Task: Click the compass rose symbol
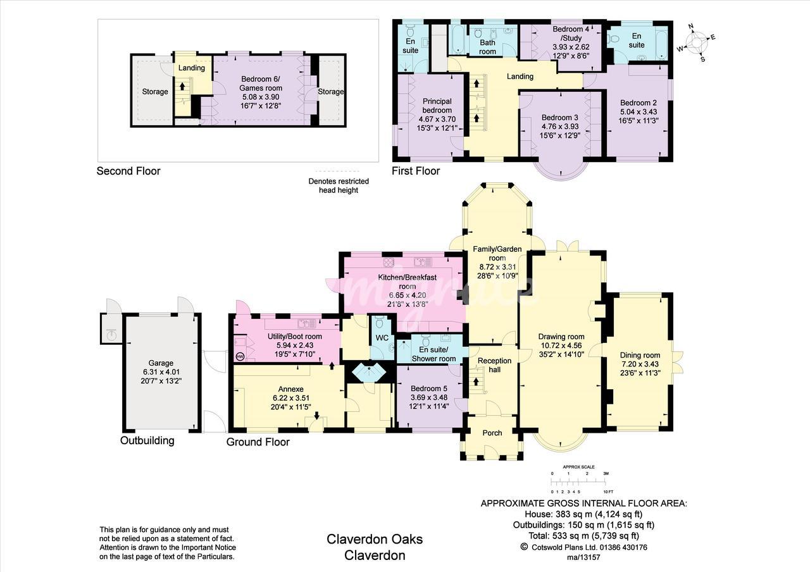click(x=697, y=42)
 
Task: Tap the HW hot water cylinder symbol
click(x=240, y=357)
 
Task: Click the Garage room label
click(x=161, y=363)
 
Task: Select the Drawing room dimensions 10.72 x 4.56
click(x=561, y=345)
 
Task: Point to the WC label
click(x=382, y=338)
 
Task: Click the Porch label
click(x=492, y=433)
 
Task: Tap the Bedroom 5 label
click(x=429, y=389)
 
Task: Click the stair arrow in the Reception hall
click(x=476, y=381)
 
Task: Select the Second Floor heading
click(x=128, y=171)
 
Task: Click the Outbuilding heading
click(x=147, y=440)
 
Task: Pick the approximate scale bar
click(x=578, y=482)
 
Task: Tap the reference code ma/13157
click(x=583, y=557)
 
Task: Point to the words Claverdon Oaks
click(x=375, y=540)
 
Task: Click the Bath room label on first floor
click(x=487, y=47)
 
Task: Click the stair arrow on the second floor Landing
click(x=182, y=87)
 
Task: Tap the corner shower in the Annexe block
click(x=369, y=373)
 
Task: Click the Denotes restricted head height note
click(x=339, y=185)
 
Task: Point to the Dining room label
click(x=640, y=355)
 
